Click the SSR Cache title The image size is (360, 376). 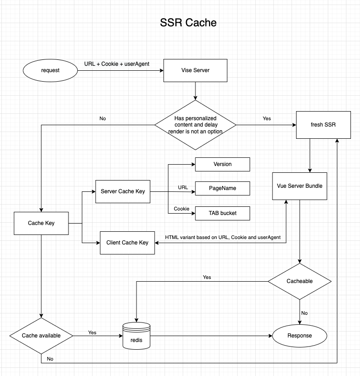pos(188,22)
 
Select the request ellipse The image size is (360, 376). pos(50,70)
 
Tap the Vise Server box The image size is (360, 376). pos(195,70)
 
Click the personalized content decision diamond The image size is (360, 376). pos(195,125)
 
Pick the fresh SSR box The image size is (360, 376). pos(323,125)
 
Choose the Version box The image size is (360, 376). pos(222,164)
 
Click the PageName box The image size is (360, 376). pos(222,188)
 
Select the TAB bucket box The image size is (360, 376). pos(222,213)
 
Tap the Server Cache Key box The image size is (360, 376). pos(122,191)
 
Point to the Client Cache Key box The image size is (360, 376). pos(127,243)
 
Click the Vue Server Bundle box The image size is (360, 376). pos(300,186)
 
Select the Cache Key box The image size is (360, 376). pos(41,223)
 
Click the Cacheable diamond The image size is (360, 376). pos(300,281)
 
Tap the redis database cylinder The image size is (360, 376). pos(136,336)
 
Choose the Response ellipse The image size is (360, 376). pos(299,336)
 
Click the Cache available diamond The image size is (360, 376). pos(41,336)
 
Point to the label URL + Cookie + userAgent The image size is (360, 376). pos(117,64)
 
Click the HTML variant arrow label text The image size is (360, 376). pos(223,237)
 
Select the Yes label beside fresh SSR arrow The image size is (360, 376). pos(267,118)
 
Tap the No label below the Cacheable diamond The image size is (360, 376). pos(304,313)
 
